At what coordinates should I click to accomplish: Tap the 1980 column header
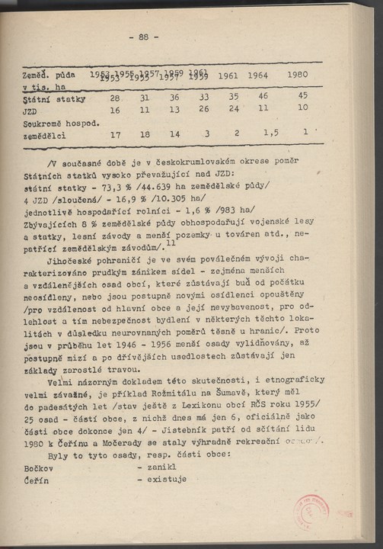click(302, 75)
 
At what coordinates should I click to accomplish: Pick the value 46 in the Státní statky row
click(263, 97)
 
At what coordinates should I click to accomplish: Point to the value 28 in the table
click(116, 99)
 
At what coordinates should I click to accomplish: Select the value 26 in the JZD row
click(204, 110)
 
